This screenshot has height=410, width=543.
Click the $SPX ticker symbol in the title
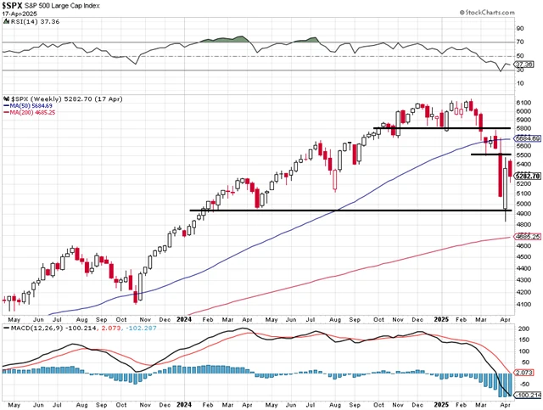pyautogui.click(x=14, y=6)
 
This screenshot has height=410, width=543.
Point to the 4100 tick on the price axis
pyautogui.click(x=523, y=303)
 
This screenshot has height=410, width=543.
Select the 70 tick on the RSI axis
pyautogui.click(x=520, y=40)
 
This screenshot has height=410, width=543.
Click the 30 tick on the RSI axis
pyautogui.click(x=520, y=70)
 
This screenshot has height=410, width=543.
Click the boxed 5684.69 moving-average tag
pyautogui.click(x=527, y=138)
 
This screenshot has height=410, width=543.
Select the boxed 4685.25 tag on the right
pyautogui.click(x=527, y=237)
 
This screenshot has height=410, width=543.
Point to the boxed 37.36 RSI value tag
pyautogui.click(x=525, y=65)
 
